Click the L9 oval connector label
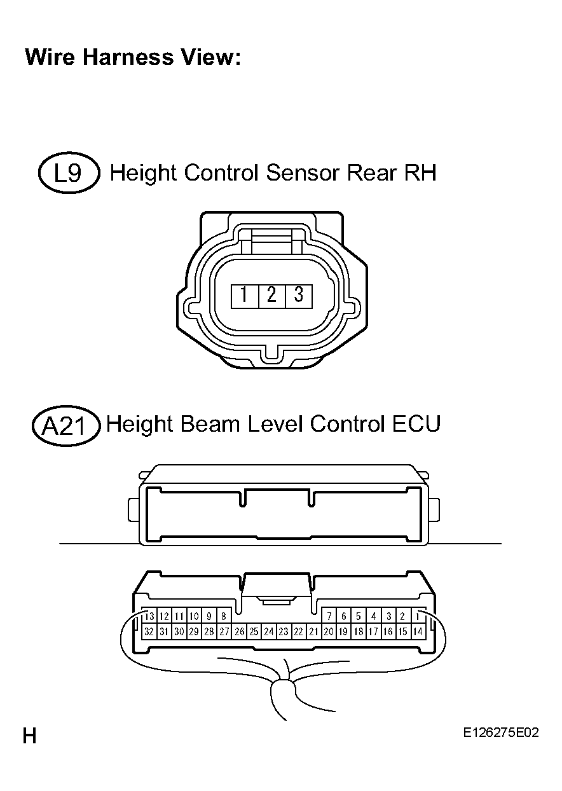(69, 173)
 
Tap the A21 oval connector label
(66, 425)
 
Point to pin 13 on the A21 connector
(149, 616)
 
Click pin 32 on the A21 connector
(149, 631)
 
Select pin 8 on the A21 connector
(224, 616)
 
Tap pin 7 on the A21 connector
(329, 616)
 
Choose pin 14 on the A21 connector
(418, 631)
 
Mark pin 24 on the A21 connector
(269, 631)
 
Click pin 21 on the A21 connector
(313, 631)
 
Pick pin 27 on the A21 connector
(224, 631)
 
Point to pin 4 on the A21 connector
(373, 616)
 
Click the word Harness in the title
(128, 57)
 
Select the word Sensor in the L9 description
(303, 173)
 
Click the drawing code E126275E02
(501, 733)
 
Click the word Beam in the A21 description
(210, 423)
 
